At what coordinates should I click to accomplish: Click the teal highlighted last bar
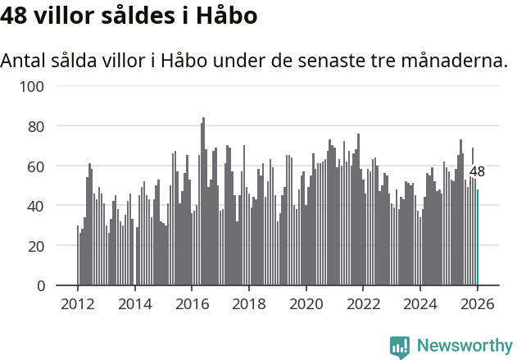pyautogui.click(x=478, y=238)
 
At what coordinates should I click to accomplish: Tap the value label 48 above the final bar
pyautogui.click(x=477, y=172)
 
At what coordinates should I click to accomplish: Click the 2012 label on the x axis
pyautogui.click(x=78, y=304)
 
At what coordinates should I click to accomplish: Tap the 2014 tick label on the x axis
pyautogui.click(x=135, y=304)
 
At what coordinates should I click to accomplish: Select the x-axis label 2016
pyautogui.click(x=192, y=304)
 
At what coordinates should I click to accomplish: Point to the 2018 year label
pyautogui.click(x=249, y=304)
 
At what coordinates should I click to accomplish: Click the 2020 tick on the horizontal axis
pyautogui.click(x=306, y=304)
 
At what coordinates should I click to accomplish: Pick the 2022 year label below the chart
pyautogui.click(x=363, y=304)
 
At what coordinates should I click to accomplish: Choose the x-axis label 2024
pyautogui.click(x=419, y=304)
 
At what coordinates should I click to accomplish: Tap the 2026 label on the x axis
pyautogui.click(x=477, y=304)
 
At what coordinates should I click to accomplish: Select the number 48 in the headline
pyautogui.click(x=17, y=16)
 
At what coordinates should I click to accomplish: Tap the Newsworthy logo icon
pyautogui.click(x=400, y=348)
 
